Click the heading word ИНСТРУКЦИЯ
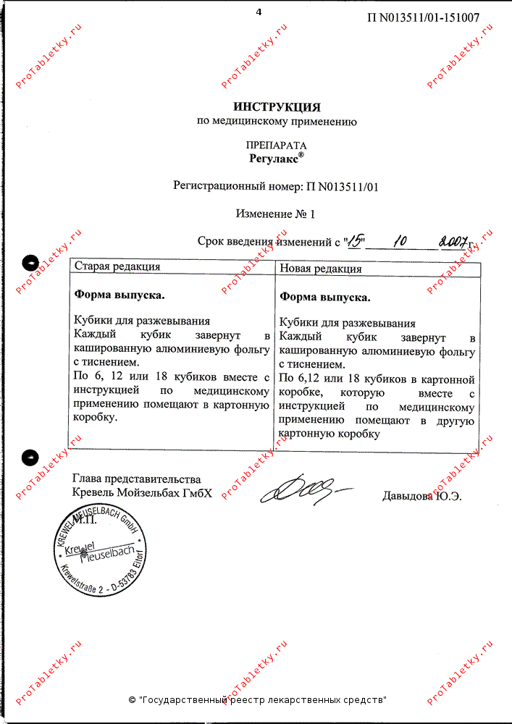[277, 107]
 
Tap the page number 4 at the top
[259, 12]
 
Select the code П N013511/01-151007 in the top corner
[423, 17]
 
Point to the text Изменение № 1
[276, 214]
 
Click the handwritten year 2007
[451, 241]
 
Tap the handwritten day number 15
[356, 241]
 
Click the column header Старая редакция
[117, 266]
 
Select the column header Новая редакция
[321, 269]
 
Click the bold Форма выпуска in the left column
[119, 295]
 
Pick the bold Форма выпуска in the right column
[324, 297]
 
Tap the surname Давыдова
[406, 496]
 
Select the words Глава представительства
[137, 479]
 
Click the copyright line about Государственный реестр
[257, 700]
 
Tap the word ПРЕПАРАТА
[276, 145]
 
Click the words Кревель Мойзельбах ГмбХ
[143, 493]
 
